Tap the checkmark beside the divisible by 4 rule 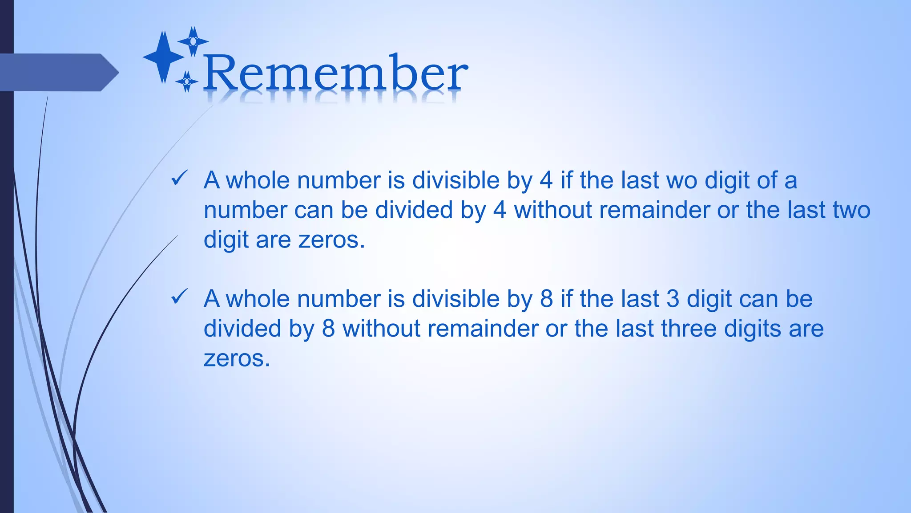179,179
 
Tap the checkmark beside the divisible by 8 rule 179,297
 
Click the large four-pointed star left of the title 164,57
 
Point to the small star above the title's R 193,41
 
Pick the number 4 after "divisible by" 546,181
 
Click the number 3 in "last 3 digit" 673,299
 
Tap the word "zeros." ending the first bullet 331,240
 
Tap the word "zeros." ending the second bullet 237,358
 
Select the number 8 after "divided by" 328,329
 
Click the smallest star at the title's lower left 187,81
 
